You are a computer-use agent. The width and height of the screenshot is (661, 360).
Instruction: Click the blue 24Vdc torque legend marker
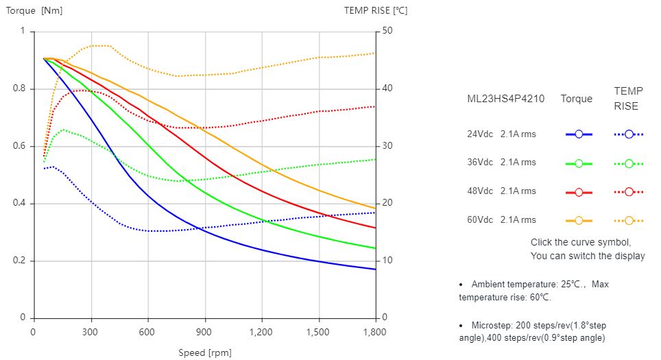[x=579, y=134]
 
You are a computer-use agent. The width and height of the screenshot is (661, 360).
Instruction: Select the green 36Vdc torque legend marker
[x=579, y=163]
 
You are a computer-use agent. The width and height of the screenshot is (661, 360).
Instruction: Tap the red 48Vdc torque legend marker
[x=579, y=192]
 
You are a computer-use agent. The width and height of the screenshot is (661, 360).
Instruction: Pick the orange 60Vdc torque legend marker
[x=579, y=221]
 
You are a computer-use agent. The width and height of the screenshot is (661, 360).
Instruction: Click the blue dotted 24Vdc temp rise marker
[x=629, y=134]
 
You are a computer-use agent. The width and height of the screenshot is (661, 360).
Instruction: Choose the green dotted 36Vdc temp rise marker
[x=629, y=163]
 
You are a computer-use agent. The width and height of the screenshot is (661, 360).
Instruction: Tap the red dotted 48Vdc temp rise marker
[x=629, y=192]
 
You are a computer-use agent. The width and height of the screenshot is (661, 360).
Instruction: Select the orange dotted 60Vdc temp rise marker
[x=629, y=221]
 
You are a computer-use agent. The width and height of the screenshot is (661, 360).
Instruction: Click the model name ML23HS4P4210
[x=505, y=99]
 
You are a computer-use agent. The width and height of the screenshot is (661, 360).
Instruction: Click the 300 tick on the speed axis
[x=91, y=332]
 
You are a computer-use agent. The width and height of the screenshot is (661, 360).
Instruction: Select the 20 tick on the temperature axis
[x=387, y=204]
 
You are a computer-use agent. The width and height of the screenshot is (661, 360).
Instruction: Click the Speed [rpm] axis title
[x=205, y=352]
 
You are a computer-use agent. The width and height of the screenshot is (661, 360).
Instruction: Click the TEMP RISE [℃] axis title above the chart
[x=376, y=10]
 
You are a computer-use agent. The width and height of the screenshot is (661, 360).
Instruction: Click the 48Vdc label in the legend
[x=481, y=191]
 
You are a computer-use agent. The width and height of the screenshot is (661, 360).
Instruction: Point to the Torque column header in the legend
[x=576, y=99]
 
